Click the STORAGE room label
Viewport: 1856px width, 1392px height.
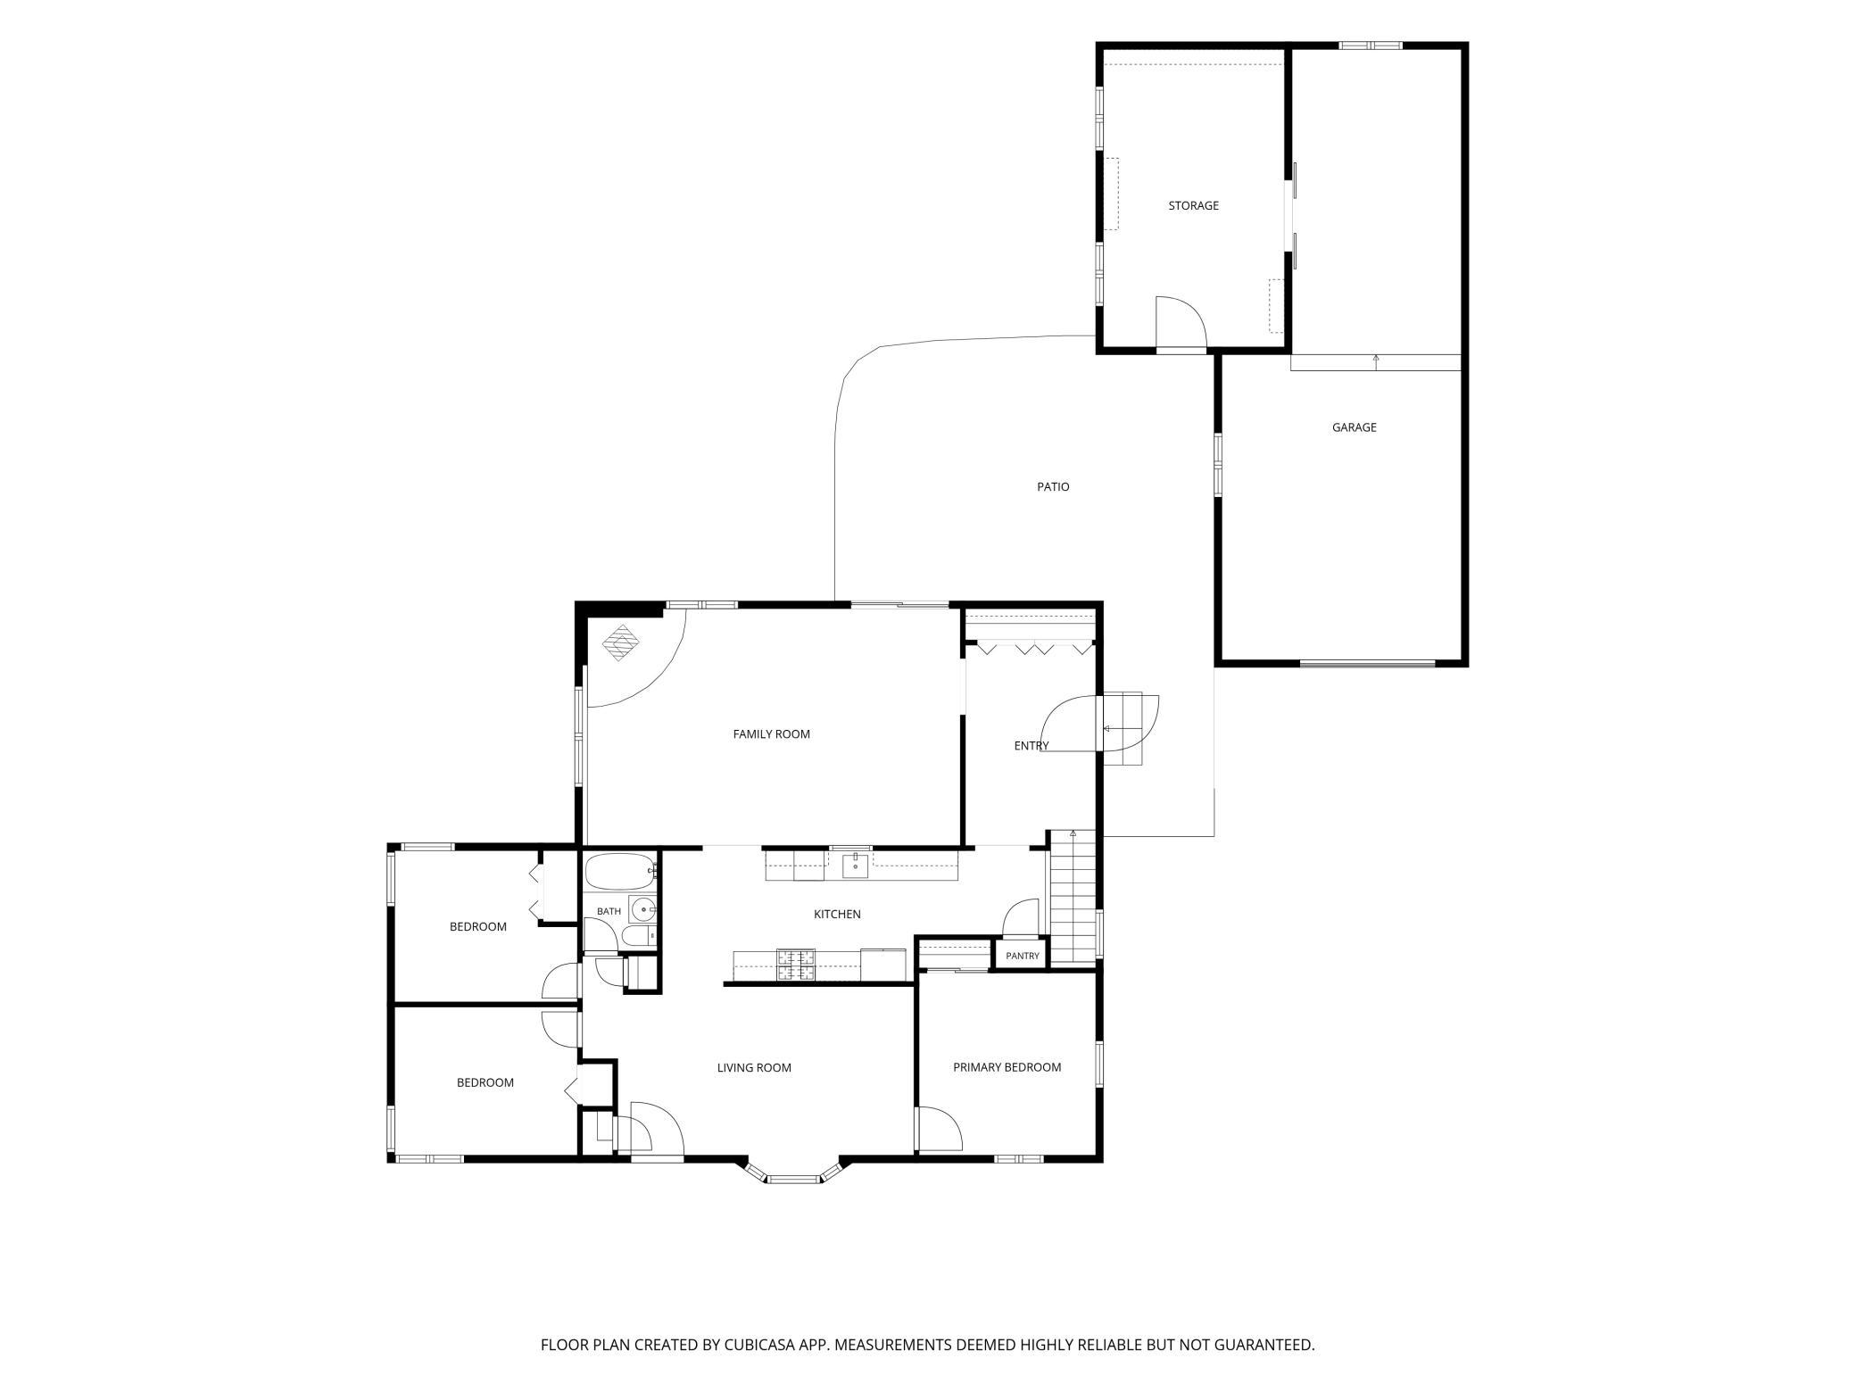(x=1193, y=206)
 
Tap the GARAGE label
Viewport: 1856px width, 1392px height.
(x=1354, y=427)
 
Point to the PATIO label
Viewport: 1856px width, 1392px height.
(x=1053, y=487)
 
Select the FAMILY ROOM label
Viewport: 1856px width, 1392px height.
(x=771, y=734)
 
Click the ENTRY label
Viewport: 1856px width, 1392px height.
(x=1032, y=746)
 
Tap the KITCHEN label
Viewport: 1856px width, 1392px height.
(x=837, y=915)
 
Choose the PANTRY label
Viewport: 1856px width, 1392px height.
(x=1023, y=956)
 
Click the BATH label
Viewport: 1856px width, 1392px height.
(x=609, y=911)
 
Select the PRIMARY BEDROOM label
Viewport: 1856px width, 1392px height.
(x=1007, y=1067)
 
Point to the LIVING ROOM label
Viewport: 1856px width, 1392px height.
(x=754, y=1068)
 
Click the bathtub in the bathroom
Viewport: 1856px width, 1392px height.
(x=620, y=871)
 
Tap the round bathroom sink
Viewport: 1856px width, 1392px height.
(x=642, y=909)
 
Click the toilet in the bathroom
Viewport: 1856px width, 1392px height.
(x=637, y=935)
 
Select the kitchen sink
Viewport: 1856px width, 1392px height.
(x=856, y=865)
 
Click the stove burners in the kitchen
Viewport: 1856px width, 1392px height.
(x=796, y=965)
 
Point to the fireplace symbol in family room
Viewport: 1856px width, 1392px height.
(x=621, y=642)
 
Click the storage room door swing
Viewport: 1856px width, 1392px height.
(x=1181, y=321)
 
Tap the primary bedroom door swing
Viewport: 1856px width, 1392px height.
(x=940, y=1129)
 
